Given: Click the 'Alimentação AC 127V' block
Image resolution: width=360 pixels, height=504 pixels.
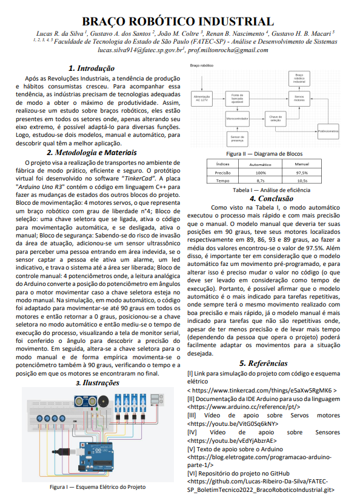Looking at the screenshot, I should click(x=201, y=97).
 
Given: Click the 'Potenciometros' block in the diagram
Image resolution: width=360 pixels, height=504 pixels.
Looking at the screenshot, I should click(x=328, y=131).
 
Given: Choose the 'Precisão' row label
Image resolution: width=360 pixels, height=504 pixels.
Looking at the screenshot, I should click(x=222, y=173).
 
